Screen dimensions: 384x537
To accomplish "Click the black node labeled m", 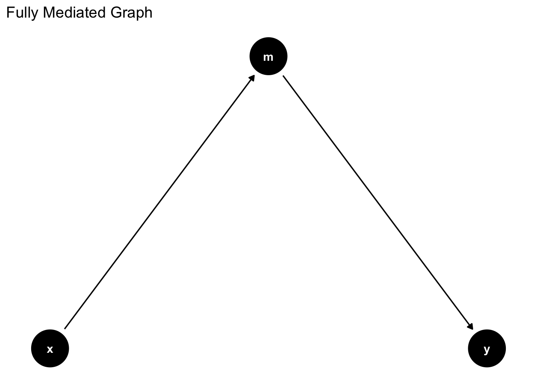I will click(268, 56).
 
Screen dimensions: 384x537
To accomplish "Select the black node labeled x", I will click(50, 348).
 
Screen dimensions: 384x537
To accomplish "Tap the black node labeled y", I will click(487, 348).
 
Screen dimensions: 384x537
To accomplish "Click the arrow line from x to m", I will click(159, 202).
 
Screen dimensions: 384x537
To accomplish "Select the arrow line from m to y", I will click(378, 202).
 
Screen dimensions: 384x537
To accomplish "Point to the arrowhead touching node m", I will click(252, 78).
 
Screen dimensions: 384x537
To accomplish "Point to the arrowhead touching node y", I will click(471, 327).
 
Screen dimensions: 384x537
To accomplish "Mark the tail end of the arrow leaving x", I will click(65, 328).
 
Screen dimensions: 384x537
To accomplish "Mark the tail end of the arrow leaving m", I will click(283, 76).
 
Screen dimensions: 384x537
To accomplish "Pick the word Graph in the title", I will click(131, 13).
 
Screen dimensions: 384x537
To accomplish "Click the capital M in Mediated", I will click(48, 12).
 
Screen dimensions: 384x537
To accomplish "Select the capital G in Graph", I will click(116, 12).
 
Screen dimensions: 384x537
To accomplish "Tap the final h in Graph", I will click(148, 12).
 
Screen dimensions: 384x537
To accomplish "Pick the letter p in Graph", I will click(139, 14).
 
